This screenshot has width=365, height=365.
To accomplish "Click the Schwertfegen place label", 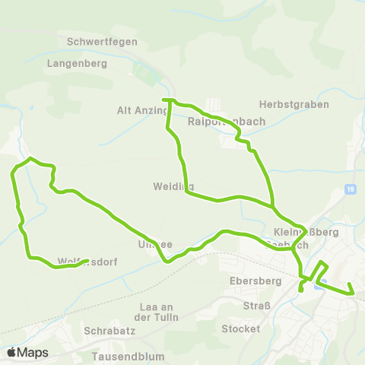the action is [x=102, y=42].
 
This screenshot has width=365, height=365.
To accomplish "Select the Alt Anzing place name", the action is [x=142, y=110].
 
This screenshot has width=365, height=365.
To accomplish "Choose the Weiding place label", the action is [x=173, y=186].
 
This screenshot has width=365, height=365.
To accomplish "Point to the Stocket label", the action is [x=240, y=329].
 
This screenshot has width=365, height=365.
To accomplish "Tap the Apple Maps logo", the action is [x=27, y=352].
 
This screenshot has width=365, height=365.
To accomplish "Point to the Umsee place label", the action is [x=156, y=244].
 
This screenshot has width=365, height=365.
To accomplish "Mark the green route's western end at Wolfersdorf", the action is [x=89, y=260].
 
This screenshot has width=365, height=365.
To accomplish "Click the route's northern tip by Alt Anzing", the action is [x=166, y=100].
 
